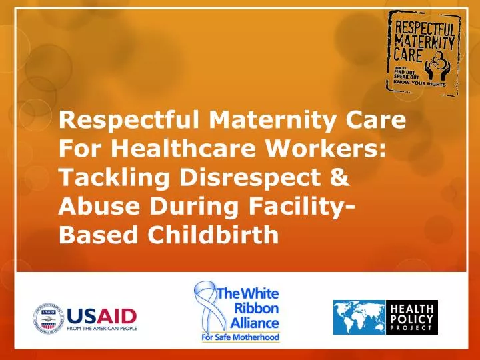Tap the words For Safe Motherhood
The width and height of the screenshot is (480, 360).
(241, 337)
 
